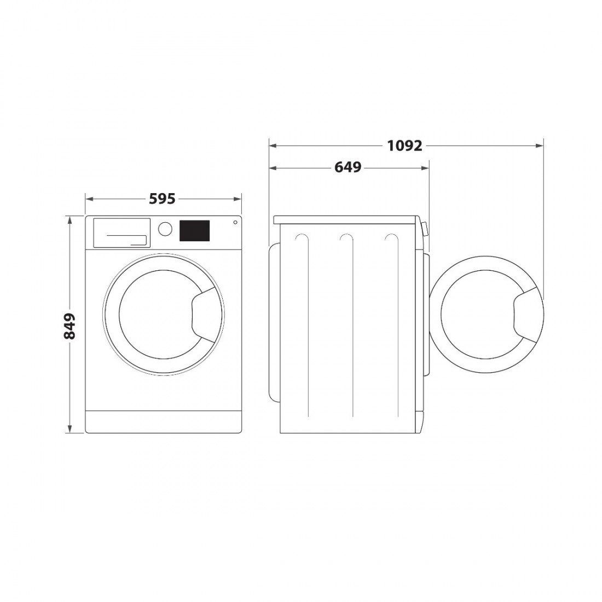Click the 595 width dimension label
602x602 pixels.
point(162,199)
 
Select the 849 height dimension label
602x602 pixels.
point(69,326)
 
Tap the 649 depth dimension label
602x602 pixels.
point(348,167)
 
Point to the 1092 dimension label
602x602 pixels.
point(404,146)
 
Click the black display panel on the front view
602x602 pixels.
point(195,231)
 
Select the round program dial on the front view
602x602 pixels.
point(165,228)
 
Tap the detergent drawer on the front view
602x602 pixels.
point(121,233)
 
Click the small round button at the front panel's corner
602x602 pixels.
point(235,222)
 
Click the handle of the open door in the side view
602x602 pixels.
point(528,315)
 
